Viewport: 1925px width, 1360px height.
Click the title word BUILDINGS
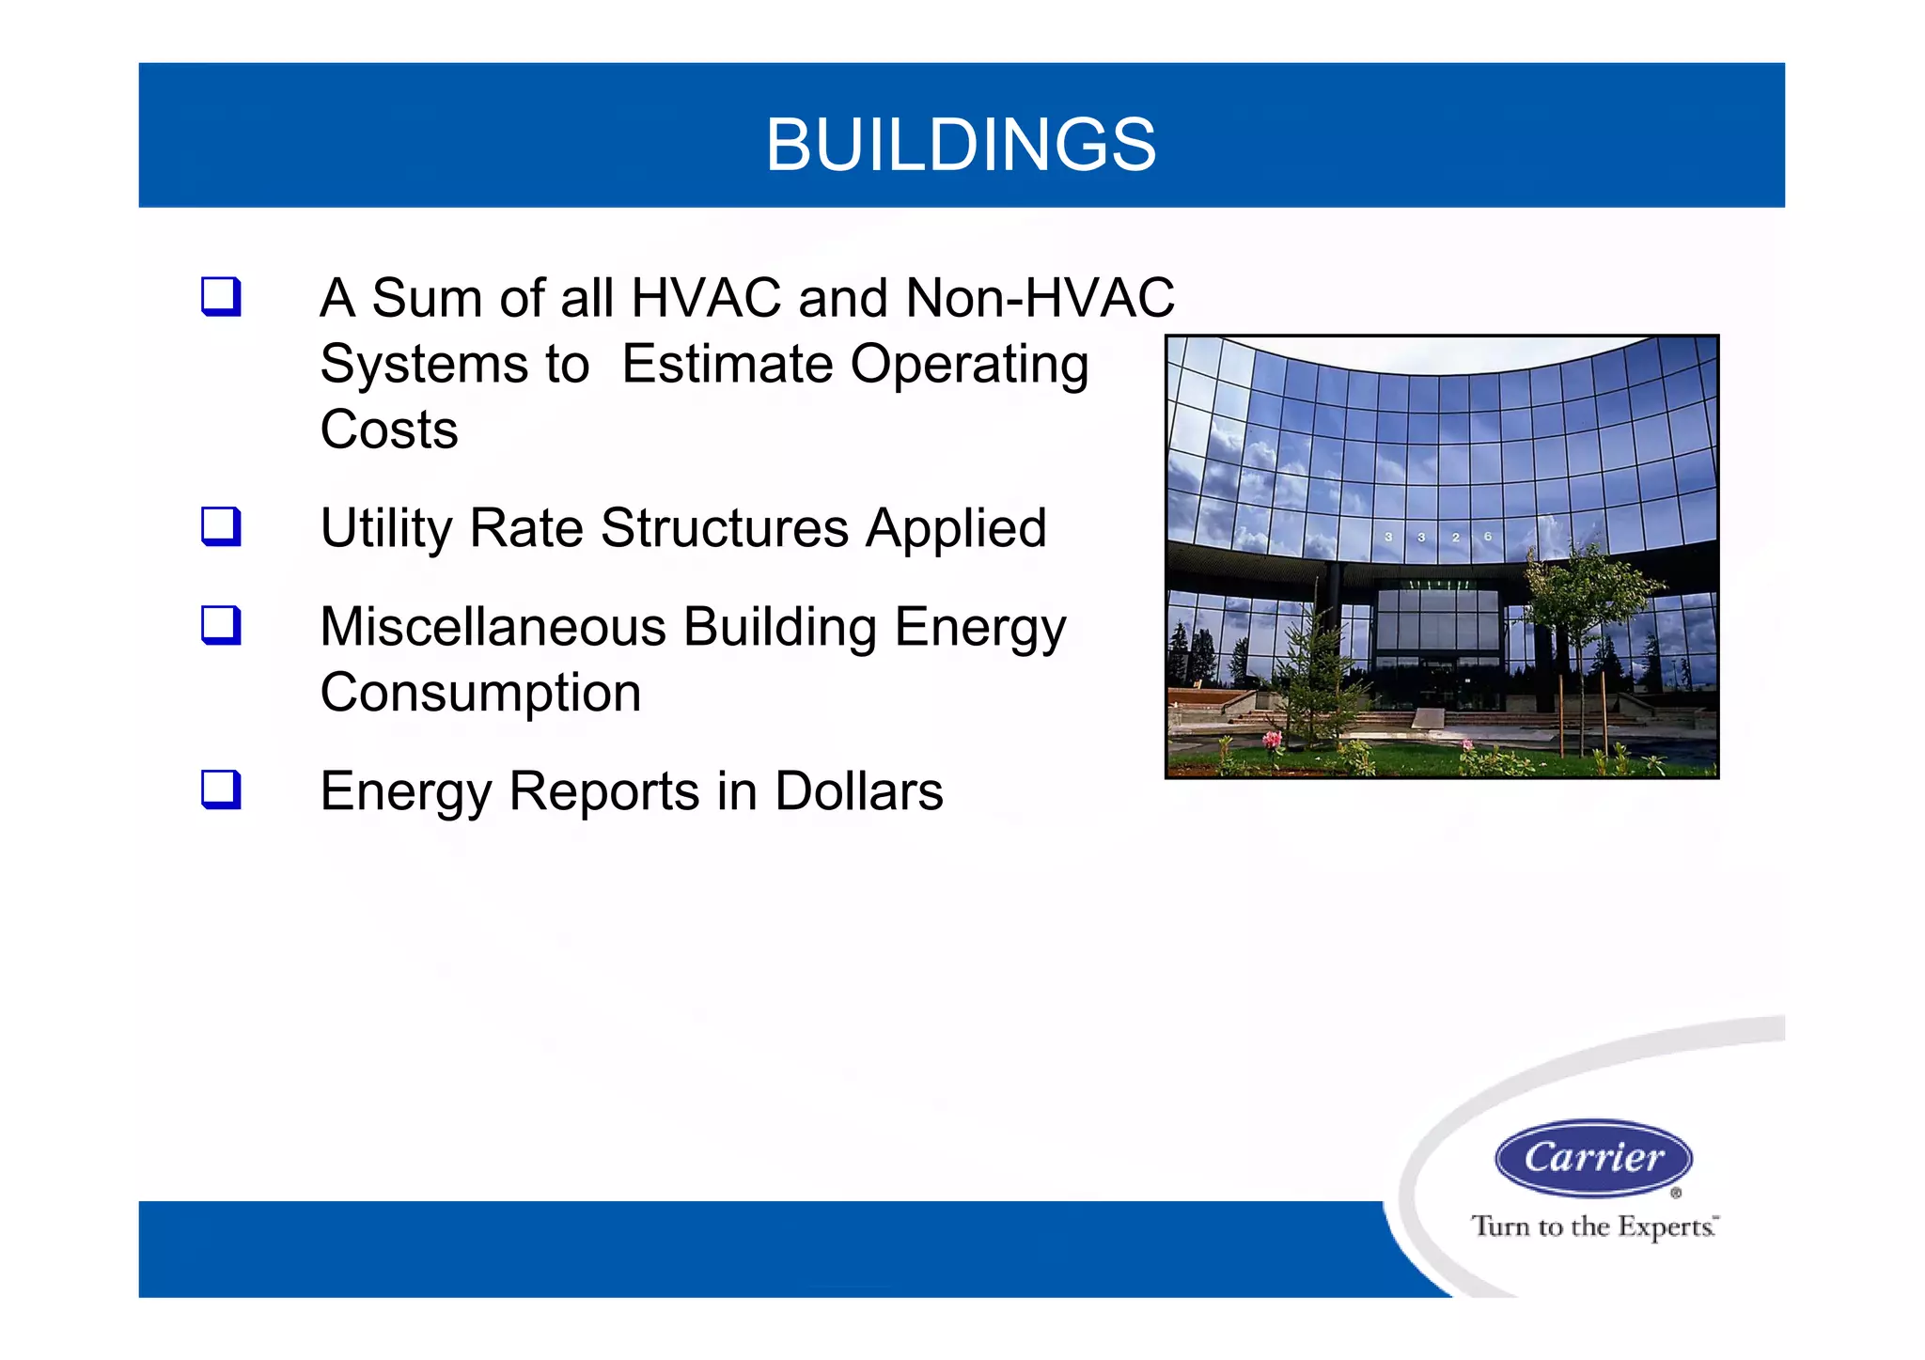961,145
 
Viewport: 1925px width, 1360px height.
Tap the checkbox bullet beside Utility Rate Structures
222,527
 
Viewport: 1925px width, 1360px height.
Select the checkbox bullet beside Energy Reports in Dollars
222,790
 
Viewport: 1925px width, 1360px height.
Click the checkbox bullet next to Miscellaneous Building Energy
222,626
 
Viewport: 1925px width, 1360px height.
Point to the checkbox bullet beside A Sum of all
222,297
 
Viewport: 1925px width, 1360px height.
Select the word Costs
389,430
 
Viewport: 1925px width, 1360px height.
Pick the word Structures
724,528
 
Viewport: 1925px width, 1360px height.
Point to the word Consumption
480,694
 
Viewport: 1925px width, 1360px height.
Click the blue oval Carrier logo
1593,1157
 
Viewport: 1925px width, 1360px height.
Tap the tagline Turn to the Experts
1593,1227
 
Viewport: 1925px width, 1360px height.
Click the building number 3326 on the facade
1438,537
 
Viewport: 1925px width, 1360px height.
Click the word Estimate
727,364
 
